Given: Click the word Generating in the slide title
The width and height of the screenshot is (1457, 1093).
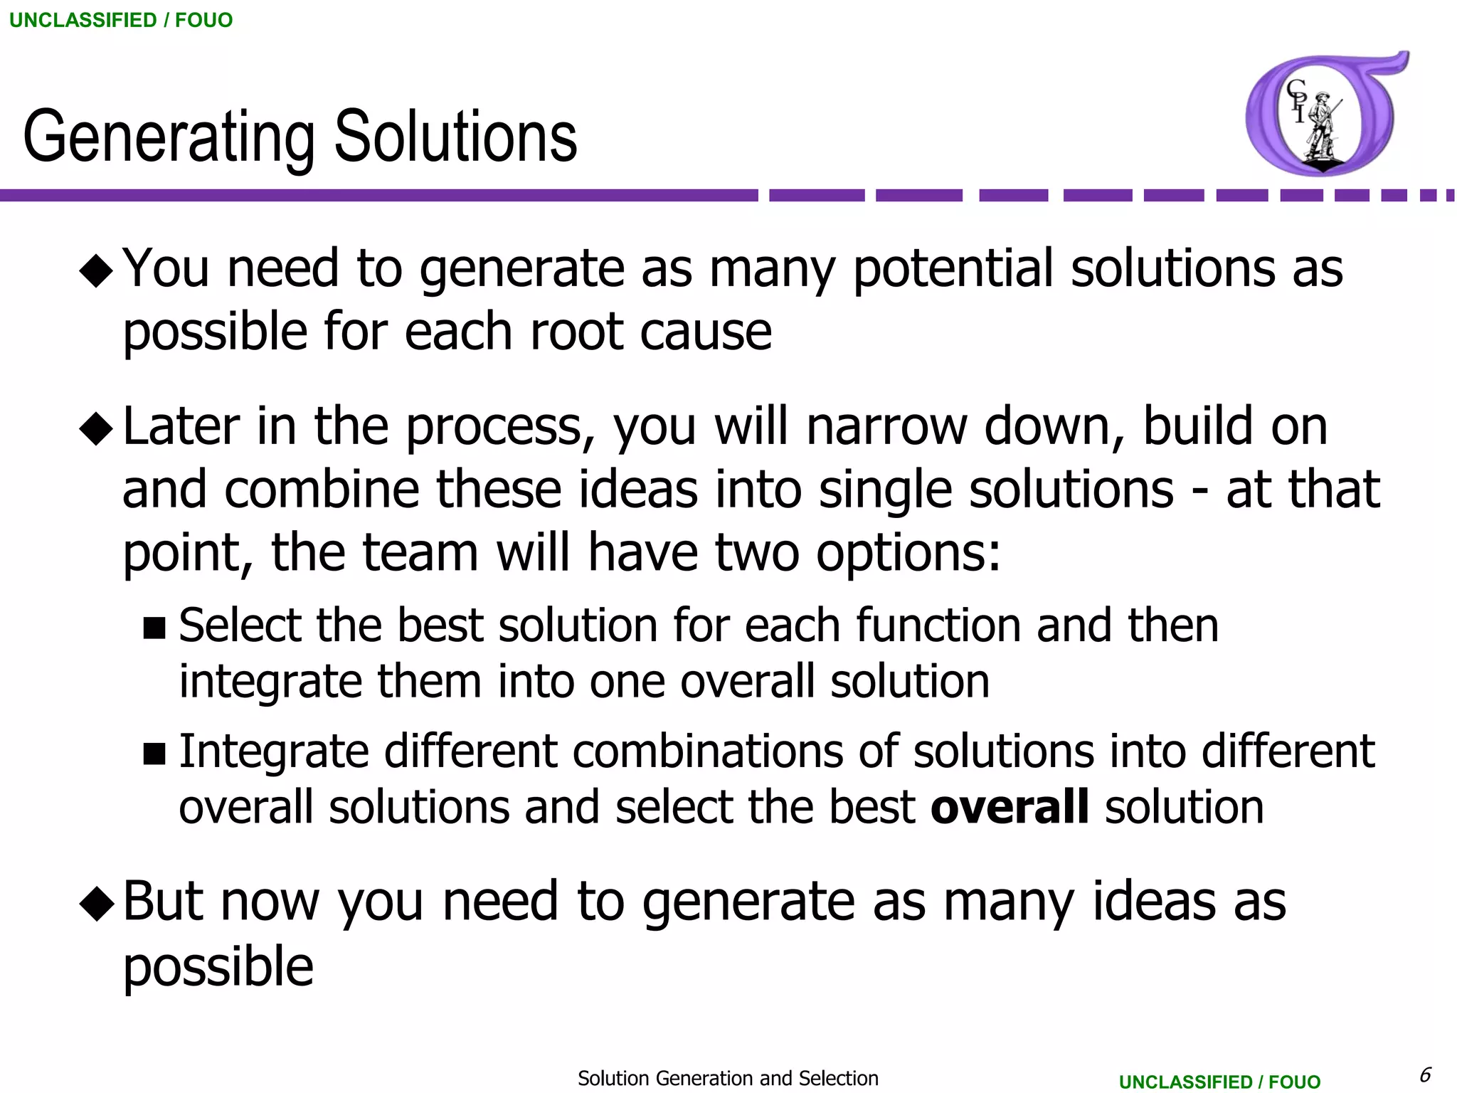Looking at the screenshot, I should (x=169, y=137).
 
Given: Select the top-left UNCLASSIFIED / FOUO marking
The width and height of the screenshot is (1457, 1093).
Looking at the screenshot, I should (x=121, y=20).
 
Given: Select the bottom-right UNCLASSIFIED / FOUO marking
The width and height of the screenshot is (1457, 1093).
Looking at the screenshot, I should (x=1219, y=1082).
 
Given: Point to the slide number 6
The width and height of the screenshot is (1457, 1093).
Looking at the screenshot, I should (x=1425, y=1074).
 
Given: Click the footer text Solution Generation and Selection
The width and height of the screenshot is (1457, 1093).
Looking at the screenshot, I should (x=728, y=1078).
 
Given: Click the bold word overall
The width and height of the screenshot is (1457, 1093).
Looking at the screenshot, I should (x=1010, y=807).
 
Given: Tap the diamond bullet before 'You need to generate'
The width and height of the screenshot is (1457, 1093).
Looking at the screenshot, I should (x=96, y=271).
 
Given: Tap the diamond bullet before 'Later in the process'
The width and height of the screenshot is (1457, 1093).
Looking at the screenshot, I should (x=96, y=429).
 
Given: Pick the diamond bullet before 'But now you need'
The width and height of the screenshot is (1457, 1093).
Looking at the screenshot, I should (x=96, y=904).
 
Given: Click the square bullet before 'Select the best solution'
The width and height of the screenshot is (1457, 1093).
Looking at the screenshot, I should (x=154, y=628).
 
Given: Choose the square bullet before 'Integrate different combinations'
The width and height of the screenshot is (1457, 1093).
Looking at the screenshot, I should (x=154, y=753).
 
